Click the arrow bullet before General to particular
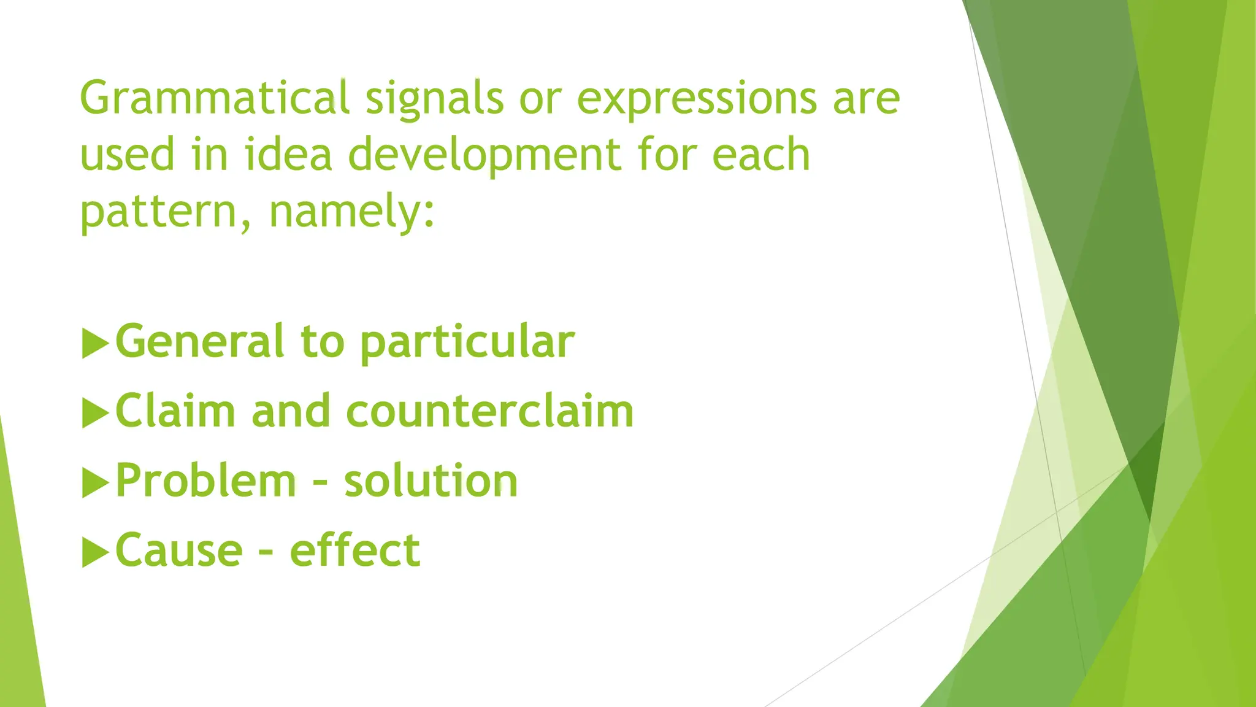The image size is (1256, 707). pos(94,343)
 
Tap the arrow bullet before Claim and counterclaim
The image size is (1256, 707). pos(94,412)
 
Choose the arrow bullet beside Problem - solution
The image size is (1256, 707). pos(94,482)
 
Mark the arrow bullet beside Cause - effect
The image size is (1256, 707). pos(94,552)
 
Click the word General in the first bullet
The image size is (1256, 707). pos(200,341)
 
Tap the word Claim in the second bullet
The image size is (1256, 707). pos(175,411)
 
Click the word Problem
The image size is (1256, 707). pos(206,481)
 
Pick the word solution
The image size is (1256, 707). pos(431,481)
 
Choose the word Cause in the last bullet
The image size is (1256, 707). pos(179,551)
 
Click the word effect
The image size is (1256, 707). pos(354,549)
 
